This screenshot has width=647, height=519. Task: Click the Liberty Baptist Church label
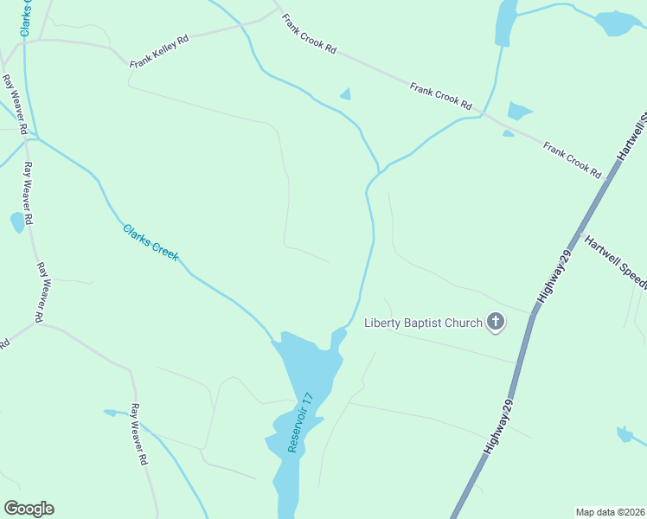423,324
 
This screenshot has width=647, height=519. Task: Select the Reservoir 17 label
304,421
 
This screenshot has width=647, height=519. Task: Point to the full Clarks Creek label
151,243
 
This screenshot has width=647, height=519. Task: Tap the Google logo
29,509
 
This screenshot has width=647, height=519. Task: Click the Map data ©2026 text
610,512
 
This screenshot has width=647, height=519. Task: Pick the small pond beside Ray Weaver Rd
17,222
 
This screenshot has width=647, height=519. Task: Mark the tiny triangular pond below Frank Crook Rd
346,94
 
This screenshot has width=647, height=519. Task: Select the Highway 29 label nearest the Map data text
501,429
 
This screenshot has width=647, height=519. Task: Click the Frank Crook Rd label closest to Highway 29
572,160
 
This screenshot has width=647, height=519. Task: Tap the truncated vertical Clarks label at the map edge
27,17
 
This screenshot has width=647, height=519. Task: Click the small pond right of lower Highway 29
625,434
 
